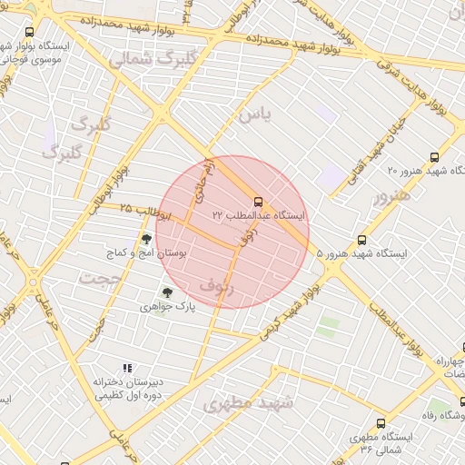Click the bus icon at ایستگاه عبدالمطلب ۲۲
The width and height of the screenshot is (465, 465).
(259, 202)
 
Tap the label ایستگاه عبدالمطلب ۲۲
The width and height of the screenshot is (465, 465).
(260, 216)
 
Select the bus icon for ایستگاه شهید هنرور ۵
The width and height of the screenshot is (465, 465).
(361, 241)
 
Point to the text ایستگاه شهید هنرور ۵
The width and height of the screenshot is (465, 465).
(362, 255)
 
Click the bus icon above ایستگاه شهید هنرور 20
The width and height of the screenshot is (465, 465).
(434, 157)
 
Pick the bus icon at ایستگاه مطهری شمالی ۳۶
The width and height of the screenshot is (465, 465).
(380, 423)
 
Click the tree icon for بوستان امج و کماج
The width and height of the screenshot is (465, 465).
(146, 239)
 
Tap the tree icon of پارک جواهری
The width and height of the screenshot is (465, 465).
(165, 292)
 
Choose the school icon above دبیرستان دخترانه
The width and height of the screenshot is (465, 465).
(127, 368)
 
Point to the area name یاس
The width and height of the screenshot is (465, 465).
(254, 115)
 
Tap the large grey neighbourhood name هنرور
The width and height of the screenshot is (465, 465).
(391, 195)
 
